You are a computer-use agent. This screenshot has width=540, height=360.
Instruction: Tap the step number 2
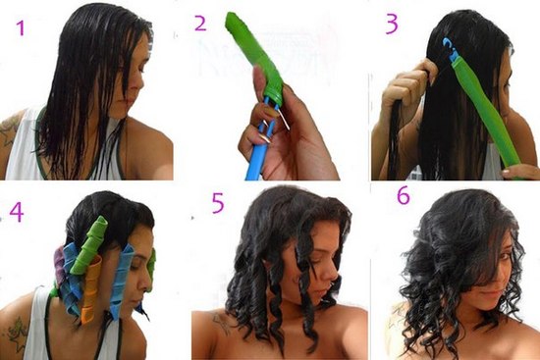[x=201, y=21]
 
